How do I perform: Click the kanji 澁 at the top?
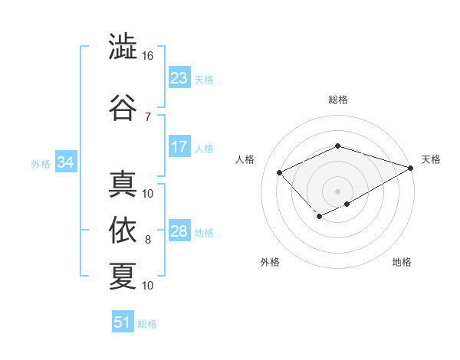point(123,47)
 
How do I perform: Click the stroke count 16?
point(148,56)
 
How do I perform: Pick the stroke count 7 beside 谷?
point(148,116)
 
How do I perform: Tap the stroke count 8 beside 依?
point(148,240)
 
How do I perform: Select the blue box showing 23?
point(179,78)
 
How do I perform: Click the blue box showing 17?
point(179,147)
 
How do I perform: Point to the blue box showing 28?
point(179,231)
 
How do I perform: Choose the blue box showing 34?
point(65,162)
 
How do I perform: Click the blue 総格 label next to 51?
point(147,324)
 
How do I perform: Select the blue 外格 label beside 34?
point(41,163)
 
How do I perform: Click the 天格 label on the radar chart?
point(431,159)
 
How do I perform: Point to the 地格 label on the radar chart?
point(402,262)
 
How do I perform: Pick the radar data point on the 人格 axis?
point(280,173)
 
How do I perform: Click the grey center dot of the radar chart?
point(337,191)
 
